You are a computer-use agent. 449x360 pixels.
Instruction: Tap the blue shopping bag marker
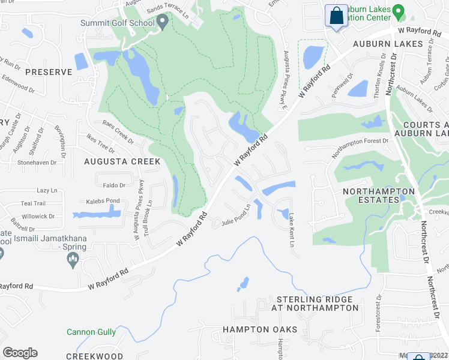pos(337,16)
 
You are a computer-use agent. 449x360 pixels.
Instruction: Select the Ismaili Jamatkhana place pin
pos(73,259)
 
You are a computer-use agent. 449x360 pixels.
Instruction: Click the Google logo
pos(20,353)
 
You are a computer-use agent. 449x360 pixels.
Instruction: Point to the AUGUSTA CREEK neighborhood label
pos(122,161)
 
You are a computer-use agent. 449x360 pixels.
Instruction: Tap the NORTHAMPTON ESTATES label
pos(379,196)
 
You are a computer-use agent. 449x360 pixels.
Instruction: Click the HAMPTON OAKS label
pos(260,330)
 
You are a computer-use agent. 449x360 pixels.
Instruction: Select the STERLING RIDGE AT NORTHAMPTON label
pos(318,304)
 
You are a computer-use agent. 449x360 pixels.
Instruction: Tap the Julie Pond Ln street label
pos(235,221)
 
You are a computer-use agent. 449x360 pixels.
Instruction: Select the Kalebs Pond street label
pos(103,200)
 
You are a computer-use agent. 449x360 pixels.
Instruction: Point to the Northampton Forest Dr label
pos(360,148)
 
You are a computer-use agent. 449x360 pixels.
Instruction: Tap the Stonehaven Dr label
pos(37,162)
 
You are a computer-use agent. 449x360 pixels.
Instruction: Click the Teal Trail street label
pos(33,203)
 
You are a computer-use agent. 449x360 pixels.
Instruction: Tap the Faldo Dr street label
pos(113,185)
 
